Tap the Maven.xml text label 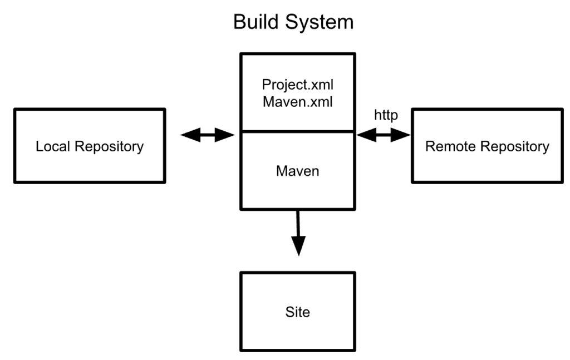[297, 103]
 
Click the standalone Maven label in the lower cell [297, 170]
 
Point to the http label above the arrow [386, 116]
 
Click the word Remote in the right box [449, 146]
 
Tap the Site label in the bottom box [297, 312]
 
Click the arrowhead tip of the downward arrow [299, 253]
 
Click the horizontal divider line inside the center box [297, 131]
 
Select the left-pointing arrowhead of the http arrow [365, 135]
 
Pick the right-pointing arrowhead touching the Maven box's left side [226, 135]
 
